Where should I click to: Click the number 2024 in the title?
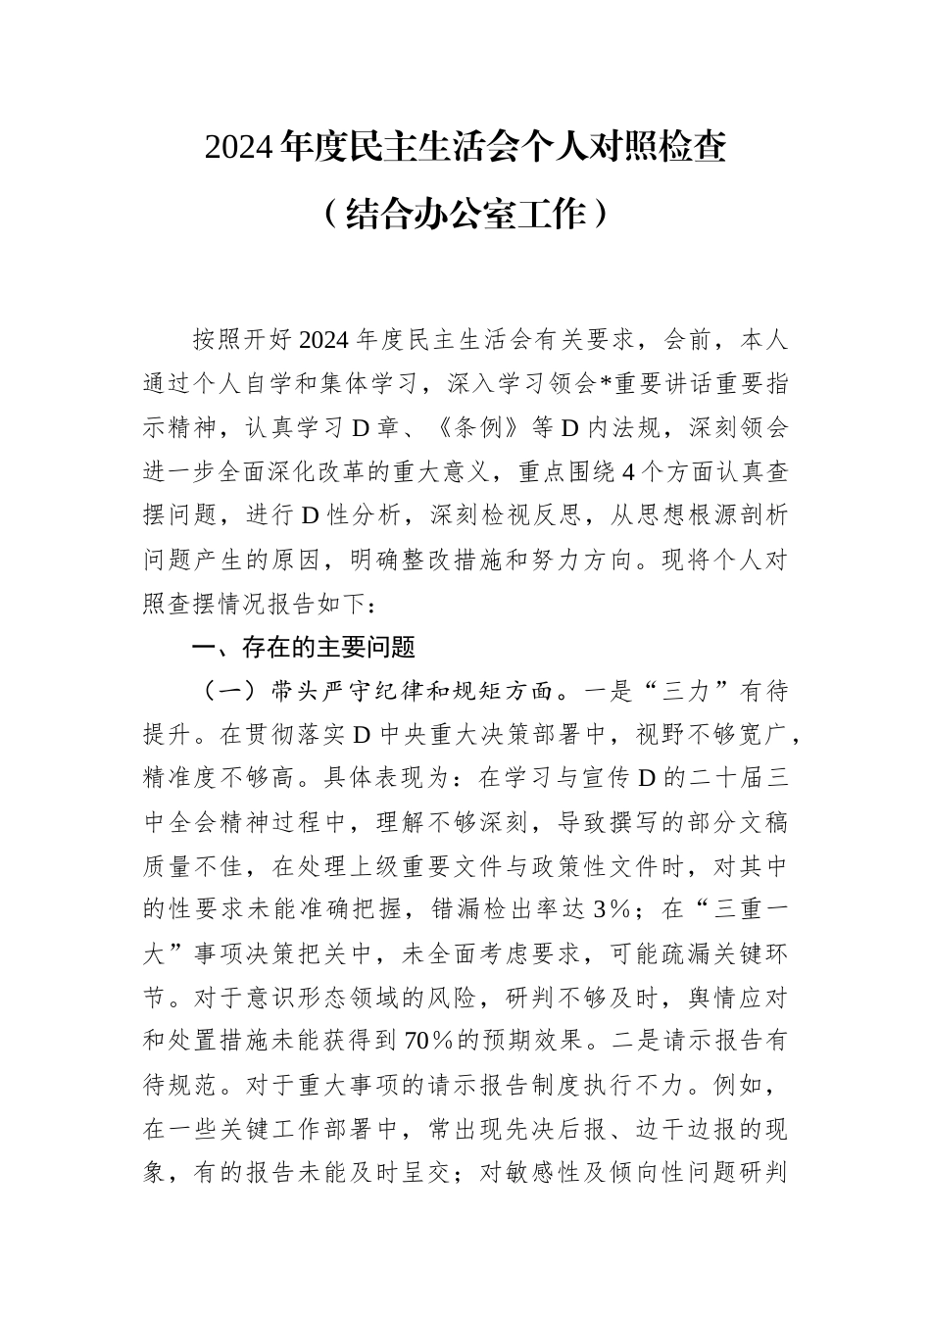click(x=239, y=147)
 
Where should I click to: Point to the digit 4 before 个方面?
click(x=628, y=472)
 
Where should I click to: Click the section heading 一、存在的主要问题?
click(x=304, y=647)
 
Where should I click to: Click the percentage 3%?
click(x=611, y=910)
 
